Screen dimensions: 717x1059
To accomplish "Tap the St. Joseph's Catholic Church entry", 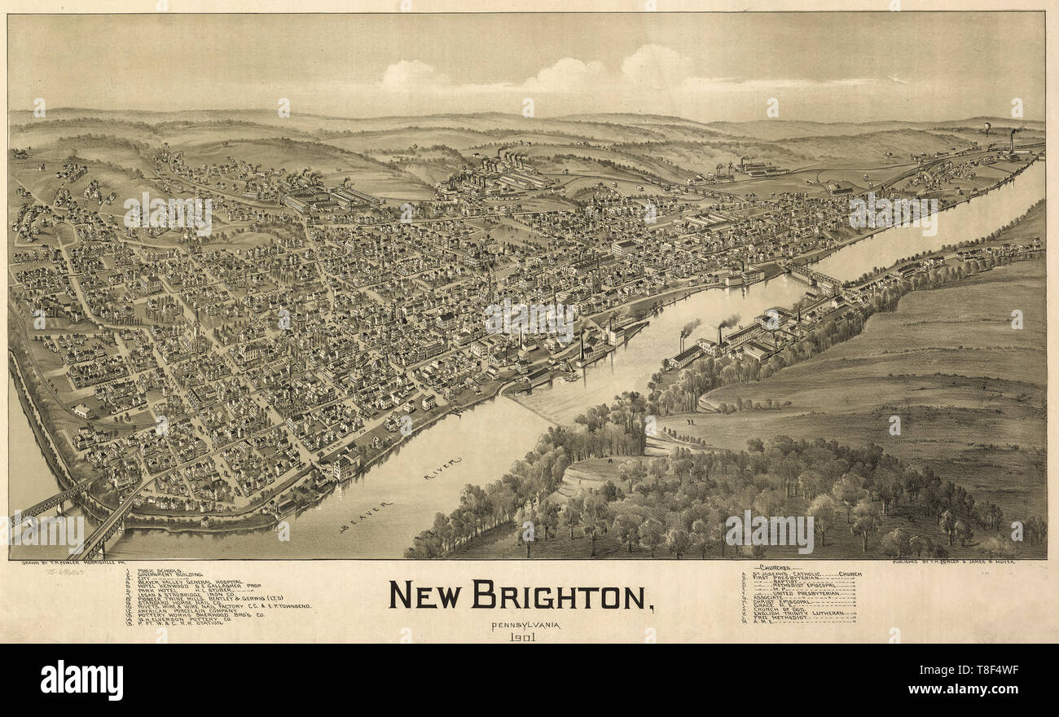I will click(802, 574).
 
